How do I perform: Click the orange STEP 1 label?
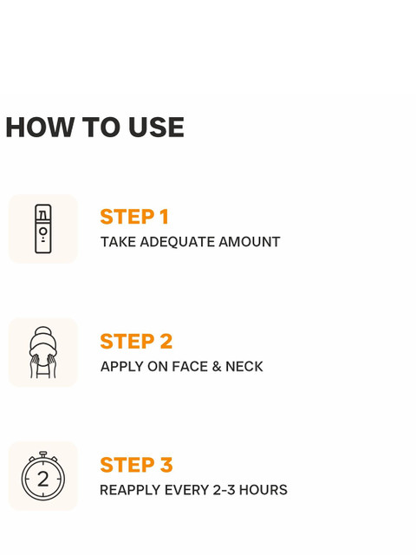(134, 217)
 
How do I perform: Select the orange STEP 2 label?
(136, 341)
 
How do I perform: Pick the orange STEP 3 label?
(136, 465)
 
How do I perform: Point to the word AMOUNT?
(250, 242)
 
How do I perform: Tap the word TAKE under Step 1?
(118, 242)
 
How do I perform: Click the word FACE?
(190, 366)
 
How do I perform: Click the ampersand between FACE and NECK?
(217, 366)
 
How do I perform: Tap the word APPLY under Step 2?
(121, 366)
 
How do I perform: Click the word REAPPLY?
(130, 490)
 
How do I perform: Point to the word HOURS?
(263, 490)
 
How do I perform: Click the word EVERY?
(186, 490)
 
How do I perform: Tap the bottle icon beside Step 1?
(43, 229)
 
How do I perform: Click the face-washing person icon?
(43, 352)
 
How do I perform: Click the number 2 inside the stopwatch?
(43, 480)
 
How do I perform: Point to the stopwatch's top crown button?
(43, 454)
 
